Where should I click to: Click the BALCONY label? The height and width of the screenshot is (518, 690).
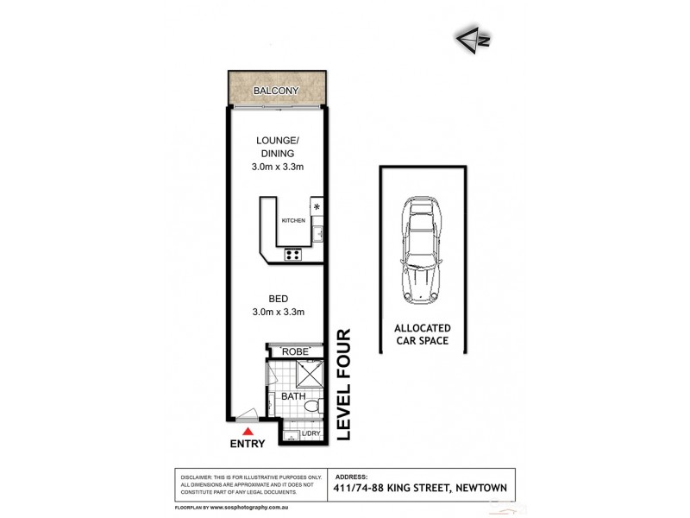pos(277,90)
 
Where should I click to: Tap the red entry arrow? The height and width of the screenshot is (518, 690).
pos(249,431)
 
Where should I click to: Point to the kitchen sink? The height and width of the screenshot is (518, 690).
pos(317,231)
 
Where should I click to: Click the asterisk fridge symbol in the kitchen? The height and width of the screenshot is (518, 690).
pos(317,207)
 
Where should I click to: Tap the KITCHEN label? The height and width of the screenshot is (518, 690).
pos(293,221)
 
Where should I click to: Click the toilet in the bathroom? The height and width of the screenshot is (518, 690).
pos(314,403)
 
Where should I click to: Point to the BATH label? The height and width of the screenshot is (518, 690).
pos(292,396)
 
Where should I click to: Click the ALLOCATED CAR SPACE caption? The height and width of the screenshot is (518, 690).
pos(423,335)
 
